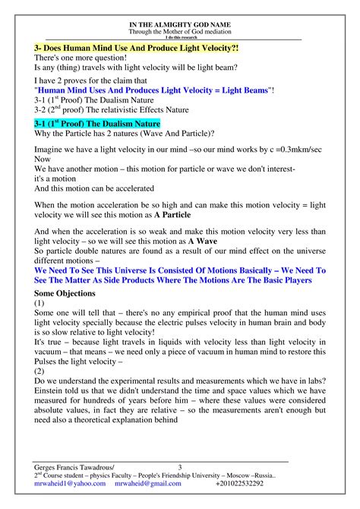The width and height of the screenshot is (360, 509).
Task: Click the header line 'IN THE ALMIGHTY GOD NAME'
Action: point(180,25)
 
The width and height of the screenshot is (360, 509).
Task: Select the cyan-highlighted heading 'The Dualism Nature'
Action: point(98,123)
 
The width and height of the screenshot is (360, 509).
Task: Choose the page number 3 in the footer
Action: point(180,466)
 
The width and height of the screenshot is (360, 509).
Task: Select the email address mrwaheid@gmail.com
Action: point(149,483)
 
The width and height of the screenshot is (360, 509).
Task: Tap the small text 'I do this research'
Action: point(180,37)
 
